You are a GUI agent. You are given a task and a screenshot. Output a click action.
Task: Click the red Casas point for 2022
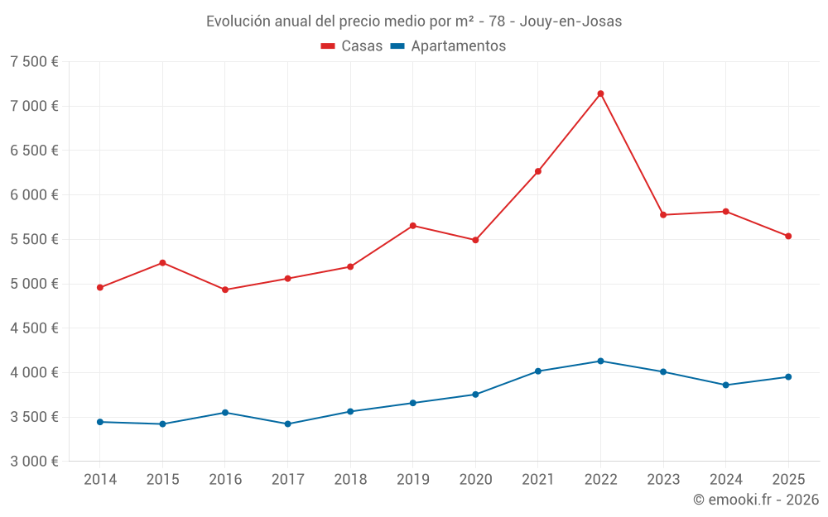tap(600, 93)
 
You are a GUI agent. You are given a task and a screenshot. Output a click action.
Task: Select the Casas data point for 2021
tap(538, 171)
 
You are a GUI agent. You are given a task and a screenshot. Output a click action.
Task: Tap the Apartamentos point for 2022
tap(600, 361)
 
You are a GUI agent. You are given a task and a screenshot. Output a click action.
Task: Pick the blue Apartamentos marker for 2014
tap(99, 422)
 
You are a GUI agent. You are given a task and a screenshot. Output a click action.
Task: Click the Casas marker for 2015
tap(162, 263)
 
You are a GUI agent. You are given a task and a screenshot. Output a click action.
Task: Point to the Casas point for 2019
tap(413, 226)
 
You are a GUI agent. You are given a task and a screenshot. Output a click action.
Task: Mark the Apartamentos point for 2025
tap(788, 377)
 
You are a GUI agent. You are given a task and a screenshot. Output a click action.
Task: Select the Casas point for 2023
tap(663, 215)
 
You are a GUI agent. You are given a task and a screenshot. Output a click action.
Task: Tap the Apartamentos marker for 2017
tap(287, 424)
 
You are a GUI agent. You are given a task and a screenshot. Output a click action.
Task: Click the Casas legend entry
tap(352, 46)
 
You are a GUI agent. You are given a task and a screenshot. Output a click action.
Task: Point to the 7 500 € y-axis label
tap(34, 62)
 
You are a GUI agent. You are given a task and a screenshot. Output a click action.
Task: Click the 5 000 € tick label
tap(34, 284)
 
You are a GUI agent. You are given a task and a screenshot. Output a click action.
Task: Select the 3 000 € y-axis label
tap(34, 462)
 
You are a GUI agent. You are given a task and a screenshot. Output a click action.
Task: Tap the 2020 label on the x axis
tap(475, 479)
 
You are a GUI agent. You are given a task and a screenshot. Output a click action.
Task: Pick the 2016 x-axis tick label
tap(225, 479)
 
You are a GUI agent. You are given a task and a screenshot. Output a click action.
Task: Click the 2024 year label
tap(725, 479)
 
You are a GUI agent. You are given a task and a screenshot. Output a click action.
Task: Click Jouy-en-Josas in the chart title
tap(570, 22)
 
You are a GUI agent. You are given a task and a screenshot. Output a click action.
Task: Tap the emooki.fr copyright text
tap(756, 500)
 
